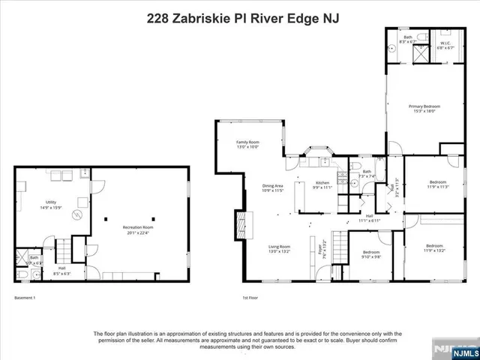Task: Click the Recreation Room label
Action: (138, 228)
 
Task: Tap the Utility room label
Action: (51, 202)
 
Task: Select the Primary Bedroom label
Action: (424, 107)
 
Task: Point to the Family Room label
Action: (247, 142)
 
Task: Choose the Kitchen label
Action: (322, 183)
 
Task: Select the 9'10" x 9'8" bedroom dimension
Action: (371, 257)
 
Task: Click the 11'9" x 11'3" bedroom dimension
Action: (438, 187)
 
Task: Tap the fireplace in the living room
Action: (240, 224)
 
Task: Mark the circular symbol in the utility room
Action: (76, 215)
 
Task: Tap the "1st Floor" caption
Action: (250, 298)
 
